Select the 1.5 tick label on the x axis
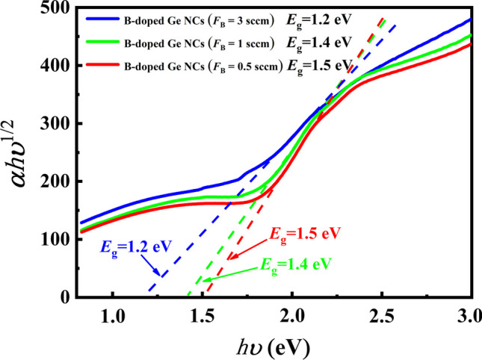pyautogui.click(x=203, y=315)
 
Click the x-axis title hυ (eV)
pyautogui.click(x=271, y=346)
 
